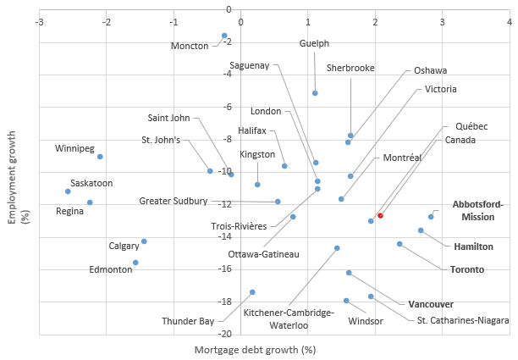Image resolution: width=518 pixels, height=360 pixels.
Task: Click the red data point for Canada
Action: (380, 216)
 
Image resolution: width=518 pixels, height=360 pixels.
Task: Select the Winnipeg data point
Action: (100, 157)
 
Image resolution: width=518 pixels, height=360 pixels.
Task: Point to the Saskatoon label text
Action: (91, 183)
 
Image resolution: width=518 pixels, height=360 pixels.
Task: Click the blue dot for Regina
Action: (90, 202)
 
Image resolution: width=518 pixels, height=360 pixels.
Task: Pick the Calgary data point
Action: (144, 241)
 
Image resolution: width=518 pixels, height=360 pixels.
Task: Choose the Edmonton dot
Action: (135, 263)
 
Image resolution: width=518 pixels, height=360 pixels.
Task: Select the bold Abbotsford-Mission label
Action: (477, 210)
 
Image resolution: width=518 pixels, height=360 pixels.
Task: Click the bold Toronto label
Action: (466, 269)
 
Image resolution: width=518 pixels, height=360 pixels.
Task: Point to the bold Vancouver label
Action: (431, 304)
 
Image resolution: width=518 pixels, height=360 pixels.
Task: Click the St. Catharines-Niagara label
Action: (463, 320)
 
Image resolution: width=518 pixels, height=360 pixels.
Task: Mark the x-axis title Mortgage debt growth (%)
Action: (255, 349)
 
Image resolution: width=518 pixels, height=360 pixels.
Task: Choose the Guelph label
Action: (314, 43)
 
